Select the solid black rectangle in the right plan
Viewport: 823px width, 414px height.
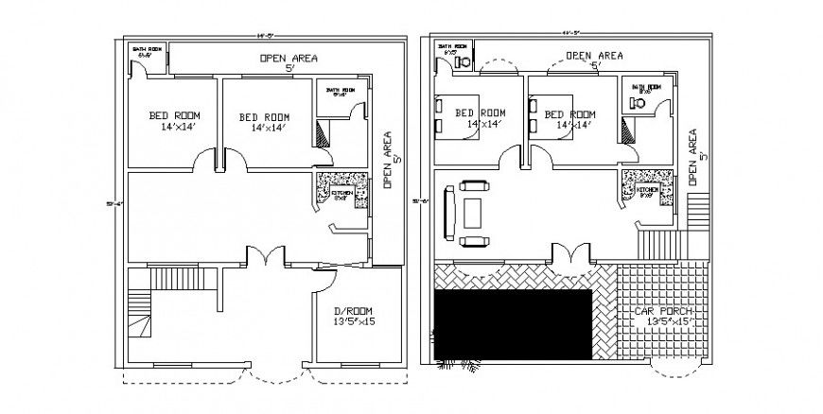tap(512, 325)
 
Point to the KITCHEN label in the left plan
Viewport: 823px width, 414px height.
tap(342, 193)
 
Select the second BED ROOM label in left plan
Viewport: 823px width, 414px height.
tap(263, 116)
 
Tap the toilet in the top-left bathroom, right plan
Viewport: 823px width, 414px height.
tap(464, 60)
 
